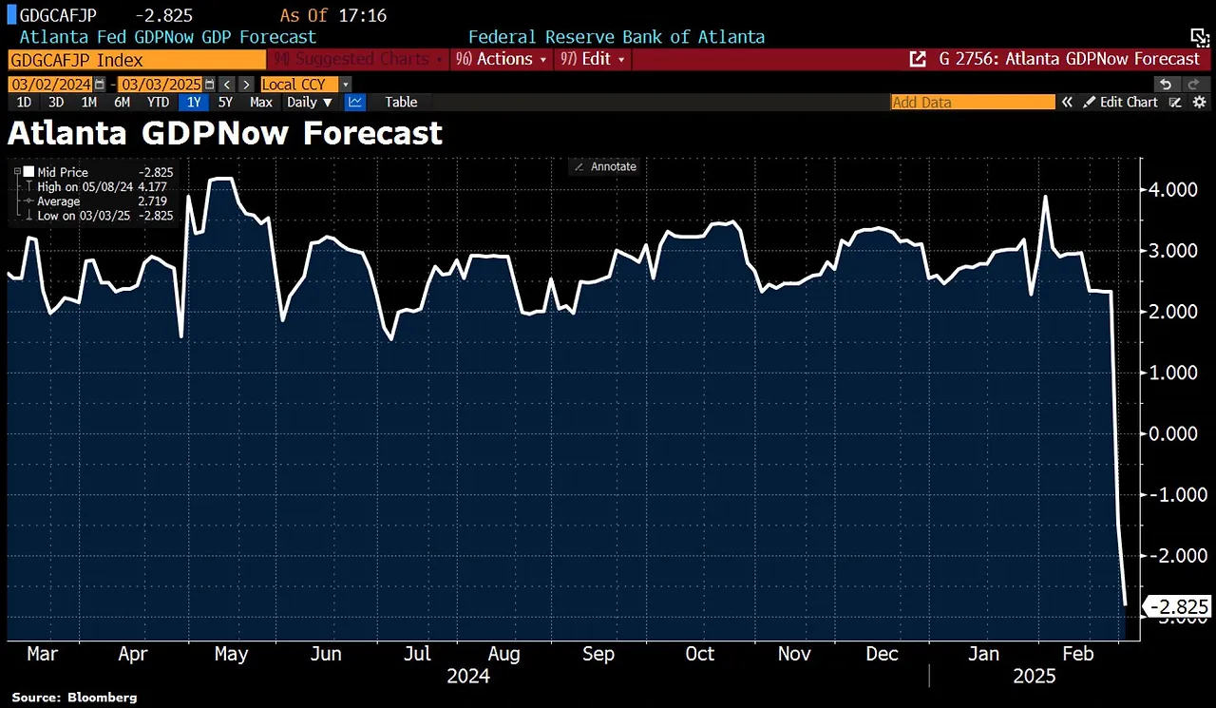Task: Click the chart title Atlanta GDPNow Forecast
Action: pyautogui.click(x=225, y=133)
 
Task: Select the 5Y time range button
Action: pyautogui.click(x=225, y=102)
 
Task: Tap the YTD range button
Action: pyautogui.click(x=158, y=102)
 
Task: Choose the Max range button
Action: pyautogui.click(x=260, y=102)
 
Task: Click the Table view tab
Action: pyautogui.click(x=401, y=102)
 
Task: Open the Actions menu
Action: pyautogui.click(x=503, y=59)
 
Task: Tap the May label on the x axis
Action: pyautogui.click(x=231, y=654)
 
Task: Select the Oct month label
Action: pyautogui.click(x=700, y=654)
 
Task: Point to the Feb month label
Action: pyautogui.click(x=1077, y=654)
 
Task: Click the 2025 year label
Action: pyautogui.click(x=1034, y=676)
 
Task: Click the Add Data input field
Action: pyautogui.click(x=972, y=102)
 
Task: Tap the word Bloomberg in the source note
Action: pyautogui.click(x=102, y=698)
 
